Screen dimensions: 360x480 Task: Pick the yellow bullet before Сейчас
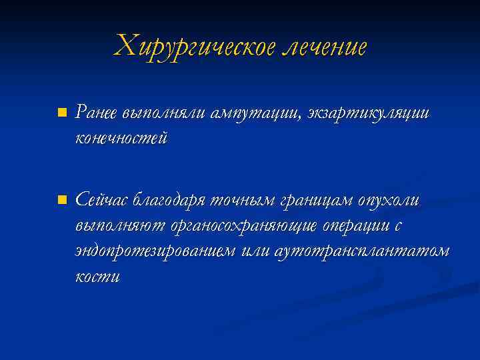[61, 199]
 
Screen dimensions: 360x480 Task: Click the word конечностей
[121, 139]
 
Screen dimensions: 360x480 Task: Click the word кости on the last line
[98, 277]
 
